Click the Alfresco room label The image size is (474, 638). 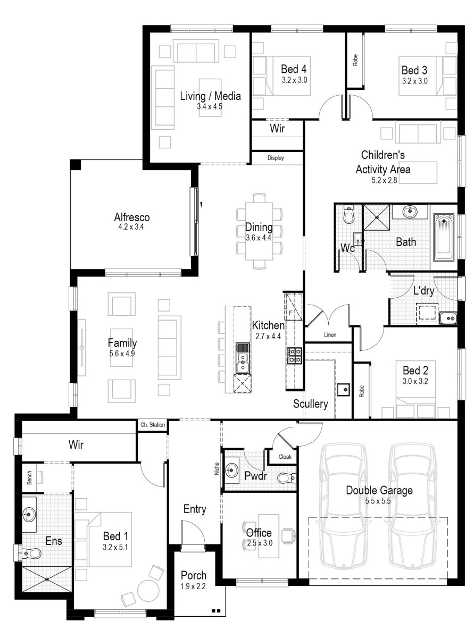click(131, 217)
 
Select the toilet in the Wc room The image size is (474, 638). click(349, 215)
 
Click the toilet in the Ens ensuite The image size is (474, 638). click(32, 553)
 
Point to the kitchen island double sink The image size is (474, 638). click(243, 357)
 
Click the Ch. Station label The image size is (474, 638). click(152, 425)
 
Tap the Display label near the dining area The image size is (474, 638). click(276, 158)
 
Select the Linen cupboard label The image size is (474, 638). click(330, 335)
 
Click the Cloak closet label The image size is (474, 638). click(285, 456)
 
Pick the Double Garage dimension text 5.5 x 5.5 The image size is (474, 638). click(379, 501)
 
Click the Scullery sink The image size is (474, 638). click(344, 390)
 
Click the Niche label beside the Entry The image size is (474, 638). click(217, 468)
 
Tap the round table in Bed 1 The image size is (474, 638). click(148, 591)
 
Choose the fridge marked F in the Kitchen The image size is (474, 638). click(293, 306)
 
